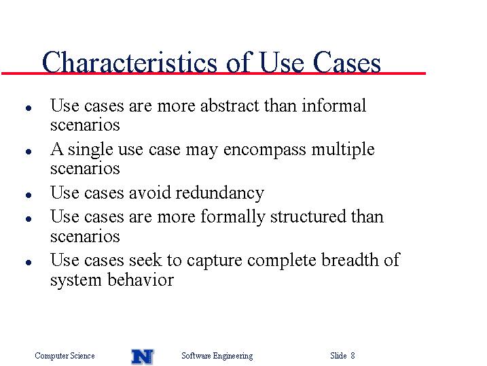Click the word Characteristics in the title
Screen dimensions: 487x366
130,62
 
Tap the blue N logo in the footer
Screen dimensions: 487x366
143,356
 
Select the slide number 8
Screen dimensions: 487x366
353,355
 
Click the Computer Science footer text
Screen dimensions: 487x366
65,355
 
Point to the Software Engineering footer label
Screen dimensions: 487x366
217,356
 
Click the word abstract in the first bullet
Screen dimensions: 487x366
230,105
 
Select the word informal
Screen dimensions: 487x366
334,105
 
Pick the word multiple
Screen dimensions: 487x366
343,149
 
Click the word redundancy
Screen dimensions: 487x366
220,193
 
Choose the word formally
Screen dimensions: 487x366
233,217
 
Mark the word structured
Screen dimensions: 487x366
308,216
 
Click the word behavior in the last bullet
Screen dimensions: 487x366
141,280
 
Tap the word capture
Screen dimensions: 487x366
215,261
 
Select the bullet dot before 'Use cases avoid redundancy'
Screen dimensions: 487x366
29,195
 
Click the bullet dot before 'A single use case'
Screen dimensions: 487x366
29,152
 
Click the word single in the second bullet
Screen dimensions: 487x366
90,150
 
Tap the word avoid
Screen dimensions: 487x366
149,193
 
